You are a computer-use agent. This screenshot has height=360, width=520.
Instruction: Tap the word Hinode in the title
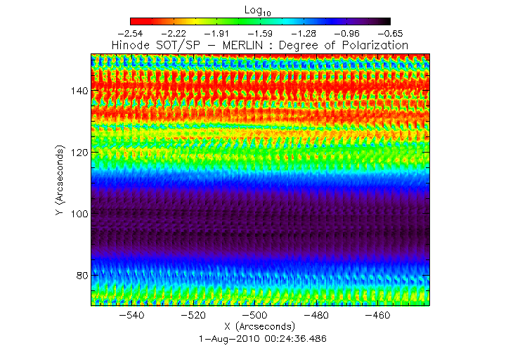[131, 45]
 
